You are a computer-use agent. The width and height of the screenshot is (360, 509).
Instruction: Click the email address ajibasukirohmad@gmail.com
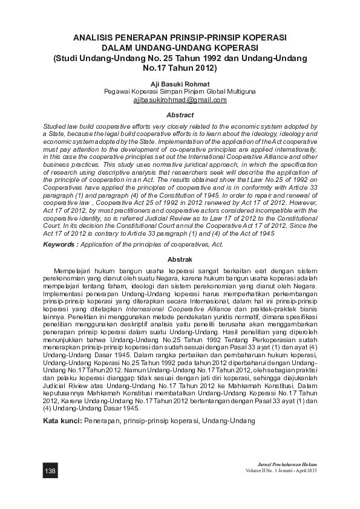180,100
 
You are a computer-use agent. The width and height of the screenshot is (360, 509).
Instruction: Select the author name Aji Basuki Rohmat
180,83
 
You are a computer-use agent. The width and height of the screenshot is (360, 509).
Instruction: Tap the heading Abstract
180,115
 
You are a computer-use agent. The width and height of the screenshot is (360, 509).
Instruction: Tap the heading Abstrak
180,258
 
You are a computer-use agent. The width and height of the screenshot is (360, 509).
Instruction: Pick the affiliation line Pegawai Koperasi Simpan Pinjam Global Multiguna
180,91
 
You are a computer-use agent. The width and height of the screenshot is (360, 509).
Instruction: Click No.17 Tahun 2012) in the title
180,68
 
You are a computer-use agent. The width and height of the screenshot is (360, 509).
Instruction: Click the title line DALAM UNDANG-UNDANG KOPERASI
180,48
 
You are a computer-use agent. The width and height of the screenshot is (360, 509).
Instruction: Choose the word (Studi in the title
67,58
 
